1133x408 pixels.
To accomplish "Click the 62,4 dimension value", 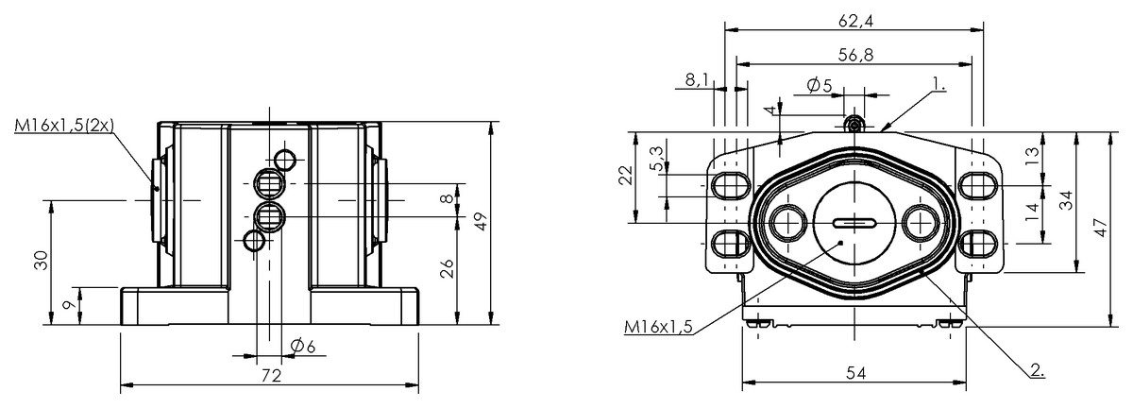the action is tap(855, 22).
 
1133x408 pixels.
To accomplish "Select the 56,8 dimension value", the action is tap(855, 55).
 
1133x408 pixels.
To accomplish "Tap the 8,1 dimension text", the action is tap(697, 79).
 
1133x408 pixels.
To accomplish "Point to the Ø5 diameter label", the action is tap(820, 85).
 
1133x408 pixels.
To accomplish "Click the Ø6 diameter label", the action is tap(303, 346).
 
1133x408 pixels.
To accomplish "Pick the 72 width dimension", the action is tap(271, 376).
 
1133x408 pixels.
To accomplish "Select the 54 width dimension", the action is tap(855, 374).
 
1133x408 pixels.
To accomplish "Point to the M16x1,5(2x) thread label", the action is tap(64, 125).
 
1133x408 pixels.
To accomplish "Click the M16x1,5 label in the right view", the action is tap(658, 327).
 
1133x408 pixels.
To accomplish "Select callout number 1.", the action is tap(939, 84).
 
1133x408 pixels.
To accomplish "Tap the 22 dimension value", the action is tap(627, 176).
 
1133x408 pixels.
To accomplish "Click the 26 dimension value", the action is tap(448, 268).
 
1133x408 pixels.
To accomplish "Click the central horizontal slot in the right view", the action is tap(854, 223).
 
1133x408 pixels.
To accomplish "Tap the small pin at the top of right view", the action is tap(854, 123).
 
